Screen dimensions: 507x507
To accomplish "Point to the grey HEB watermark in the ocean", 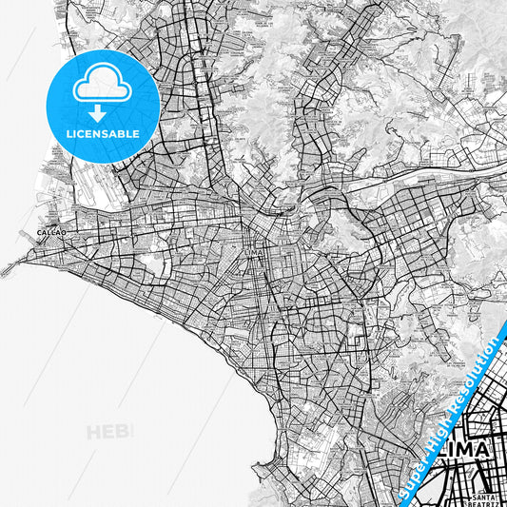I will pos(109,433).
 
